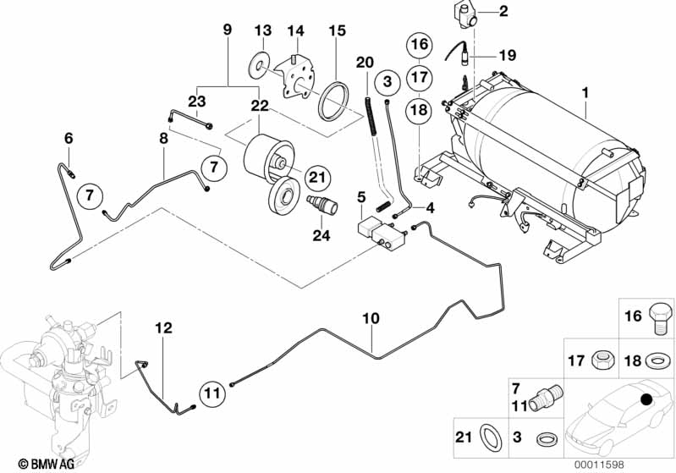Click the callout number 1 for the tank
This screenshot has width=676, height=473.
pos(583,89)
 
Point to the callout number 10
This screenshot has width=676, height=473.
pos(369,320)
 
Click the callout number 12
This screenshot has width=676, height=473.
pos(163,327)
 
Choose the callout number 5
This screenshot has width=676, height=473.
pos(362,197)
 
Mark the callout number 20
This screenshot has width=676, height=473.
pos(365,62)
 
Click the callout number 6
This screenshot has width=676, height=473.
pos(69,138)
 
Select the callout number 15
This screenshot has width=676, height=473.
pos(337,31)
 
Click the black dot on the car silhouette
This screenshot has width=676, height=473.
pos(647,399)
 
